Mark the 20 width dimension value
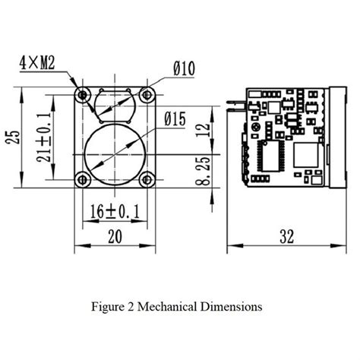point(114,235)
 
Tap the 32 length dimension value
point(286,236)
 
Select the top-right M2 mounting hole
point(147,93)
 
